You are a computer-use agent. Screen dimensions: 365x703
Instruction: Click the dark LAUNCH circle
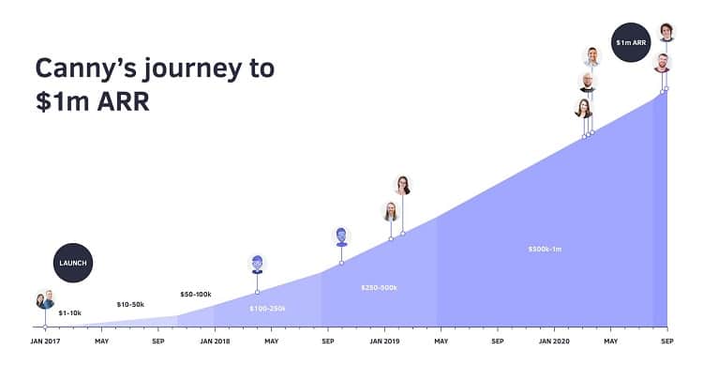pyautogui.click(x=73, y=263)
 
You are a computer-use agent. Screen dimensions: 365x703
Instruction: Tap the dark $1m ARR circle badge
pyautogui.click(x=630, y=42)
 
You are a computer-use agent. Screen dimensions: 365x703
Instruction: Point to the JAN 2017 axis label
pyautogui.click(x=45, y=341)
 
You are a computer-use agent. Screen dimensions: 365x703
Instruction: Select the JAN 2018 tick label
pyautogui.click(x=215, y=341)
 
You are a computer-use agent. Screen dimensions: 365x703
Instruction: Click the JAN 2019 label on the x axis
pyautogui.click(x=384, y=341)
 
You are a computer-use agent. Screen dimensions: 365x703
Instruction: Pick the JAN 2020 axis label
pyautogui.click(x=554, y=341)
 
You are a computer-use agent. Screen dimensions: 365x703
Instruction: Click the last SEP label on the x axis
pyautogui.click(x=666, y=341)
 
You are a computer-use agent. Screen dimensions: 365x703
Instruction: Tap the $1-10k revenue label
pyautogui.click(x=70, y=312)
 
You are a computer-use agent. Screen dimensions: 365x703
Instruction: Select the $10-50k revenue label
pyautogui.click(x=130, y=304)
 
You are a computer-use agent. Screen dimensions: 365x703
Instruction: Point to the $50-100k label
pyautogui.click(x=196, y=295)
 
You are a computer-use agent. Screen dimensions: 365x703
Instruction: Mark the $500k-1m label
pyautogui.click(x=546, y=250)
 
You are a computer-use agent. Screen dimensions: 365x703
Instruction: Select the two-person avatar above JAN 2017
pyautogui.click(x=45, y=300)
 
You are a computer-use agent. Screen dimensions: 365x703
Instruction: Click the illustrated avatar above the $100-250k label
pyautogui.click(x=257, y=264)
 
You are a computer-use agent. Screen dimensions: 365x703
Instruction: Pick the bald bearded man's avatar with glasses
pyautogui.click(x=588, y=82)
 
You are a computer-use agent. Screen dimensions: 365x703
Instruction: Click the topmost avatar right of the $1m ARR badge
pyautogui.click(x=666, y=32)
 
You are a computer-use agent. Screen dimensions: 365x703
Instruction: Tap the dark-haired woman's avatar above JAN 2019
pyautogui.click(x=403, y=185)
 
